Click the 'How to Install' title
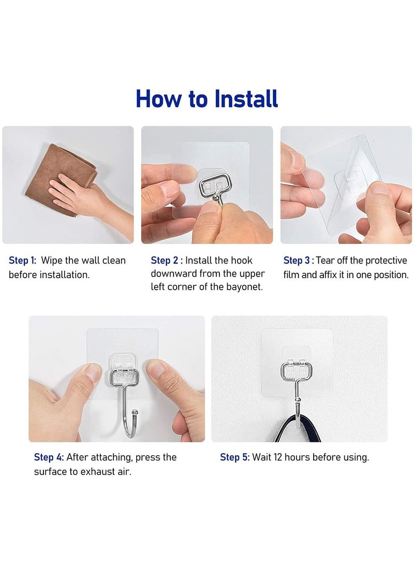[x=207, y=99]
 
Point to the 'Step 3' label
[x=298, y=260]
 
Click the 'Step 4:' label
[x=49, y=457]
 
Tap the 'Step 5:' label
[x=234, y=457]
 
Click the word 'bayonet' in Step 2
[x=244, y=287]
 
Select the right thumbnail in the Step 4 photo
[x=156, y=370]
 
